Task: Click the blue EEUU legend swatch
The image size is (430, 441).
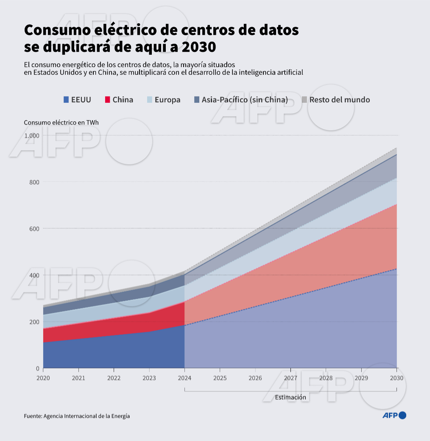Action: pyautogui.click(x=66, y=100)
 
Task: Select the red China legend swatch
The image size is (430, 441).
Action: pyautogui.click(x=107, y=100)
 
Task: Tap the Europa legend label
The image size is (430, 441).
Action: pyautogui.click(x=167, y=100)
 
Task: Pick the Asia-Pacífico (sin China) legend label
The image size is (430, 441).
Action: pyautogui.click(x=245, y=100)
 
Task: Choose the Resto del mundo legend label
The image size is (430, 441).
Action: pyautogui.click(x=339, y=100)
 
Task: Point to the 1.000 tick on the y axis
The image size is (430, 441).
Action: pyautogui.click(x=31, y=135)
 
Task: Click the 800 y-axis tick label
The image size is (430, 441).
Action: pyautogui.click(x=34, y=182)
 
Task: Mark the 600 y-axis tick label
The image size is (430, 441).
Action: pyautogui.click(x=34, y=229)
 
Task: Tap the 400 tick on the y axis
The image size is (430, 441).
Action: pyautogui.click(x=34, y=275)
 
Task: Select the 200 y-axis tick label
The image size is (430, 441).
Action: pyautogui.click(x=34, y=322)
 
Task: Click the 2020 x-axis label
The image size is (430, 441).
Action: pyautogui.click(x=43, y=378)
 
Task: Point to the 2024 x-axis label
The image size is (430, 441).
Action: pyautogui.click(x=184, y=378)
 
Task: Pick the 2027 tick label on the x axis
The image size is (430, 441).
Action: pyautogui.click(x=290, y=378)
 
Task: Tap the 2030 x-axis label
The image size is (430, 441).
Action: pyautogui.click(x=396, y=378)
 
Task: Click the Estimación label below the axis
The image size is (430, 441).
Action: pyautogui.click(x=290, y=398)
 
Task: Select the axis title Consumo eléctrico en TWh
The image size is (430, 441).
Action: pyautogui.click(x=61, y=122)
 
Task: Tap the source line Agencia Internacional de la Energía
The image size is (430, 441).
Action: pyautogui.click(x=87, y=416)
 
